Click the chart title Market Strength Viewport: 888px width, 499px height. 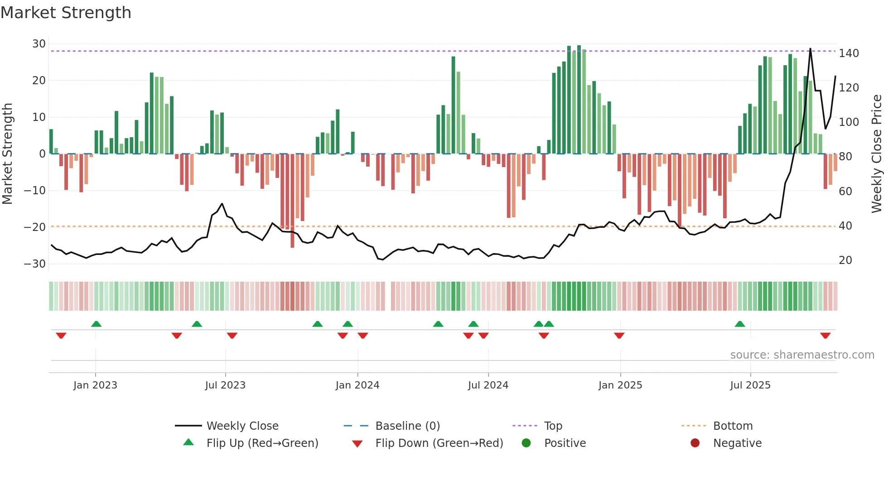coord(66,13)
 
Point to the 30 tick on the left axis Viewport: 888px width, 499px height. coord(39,44)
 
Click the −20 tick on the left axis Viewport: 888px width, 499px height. coord(35,227)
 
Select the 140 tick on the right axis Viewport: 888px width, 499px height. coord(849,53)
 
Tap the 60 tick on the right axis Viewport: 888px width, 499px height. coord(845,192)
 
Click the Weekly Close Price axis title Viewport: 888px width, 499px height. coord(877,154)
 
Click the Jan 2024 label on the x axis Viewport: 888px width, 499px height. coord(357,385)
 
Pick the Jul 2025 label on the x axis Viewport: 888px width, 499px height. coord(750,385)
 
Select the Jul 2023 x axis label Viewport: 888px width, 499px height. coord(225,385)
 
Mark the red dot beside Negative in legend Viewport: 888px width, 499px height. coord(695,443)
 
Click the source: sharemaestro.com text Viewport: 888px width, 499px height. coord(802,355)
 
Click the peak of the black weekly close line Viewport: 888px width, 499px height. coord(811,49)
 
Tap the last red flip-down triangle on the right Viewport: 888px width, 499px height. coord(825,336)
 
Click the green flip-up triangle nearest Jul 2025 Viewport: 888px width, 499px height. coord(740,324)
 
